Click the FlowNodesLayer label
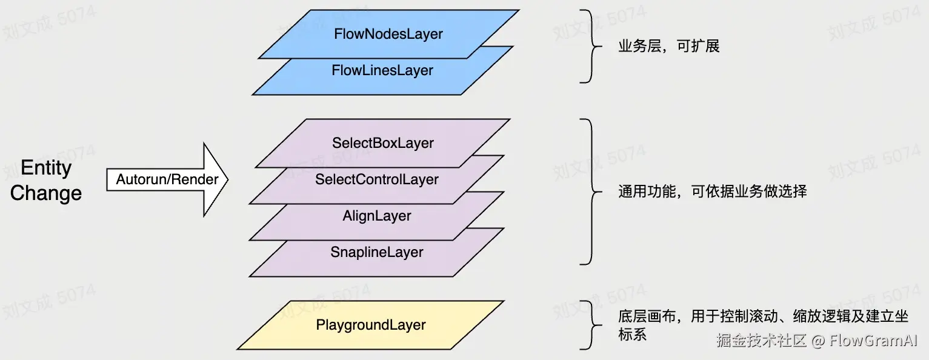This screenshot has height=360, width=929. [388, 35]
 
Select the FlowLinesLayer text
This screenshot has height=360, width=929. [382, 71]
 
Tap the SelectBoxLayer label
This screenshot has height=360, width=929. [383, 144]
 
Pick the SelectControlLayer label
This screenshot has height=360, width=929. [377, 180]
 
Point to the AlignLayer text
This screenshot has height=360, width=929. [377, 216]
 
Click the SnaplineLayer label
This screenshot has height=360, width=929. [377, 253]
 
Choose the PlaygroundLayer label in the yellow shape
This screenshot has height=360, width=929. [371, 325]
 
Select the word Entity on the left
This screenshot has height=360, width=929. [46, 168]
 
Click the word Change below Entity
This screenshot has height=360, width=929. [46, 193]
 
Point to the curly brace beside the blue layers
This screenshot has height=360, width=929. [587, 46]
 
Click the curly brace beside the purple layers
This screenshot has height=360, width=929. [587, 192]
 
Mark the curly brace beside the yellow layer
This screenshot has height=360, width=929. [587, 325]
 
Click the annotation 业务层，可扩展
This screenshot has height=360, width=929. [668, 47]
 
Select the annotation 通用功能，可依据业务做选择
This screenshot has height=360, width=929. [712, 192]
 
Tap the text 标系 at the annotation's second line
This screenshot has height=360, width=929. [632, 334]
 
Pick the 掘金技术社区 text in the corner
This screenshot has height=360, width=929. [761, 341]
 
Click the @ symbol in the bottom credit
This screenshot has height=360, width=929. [818, 341]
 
